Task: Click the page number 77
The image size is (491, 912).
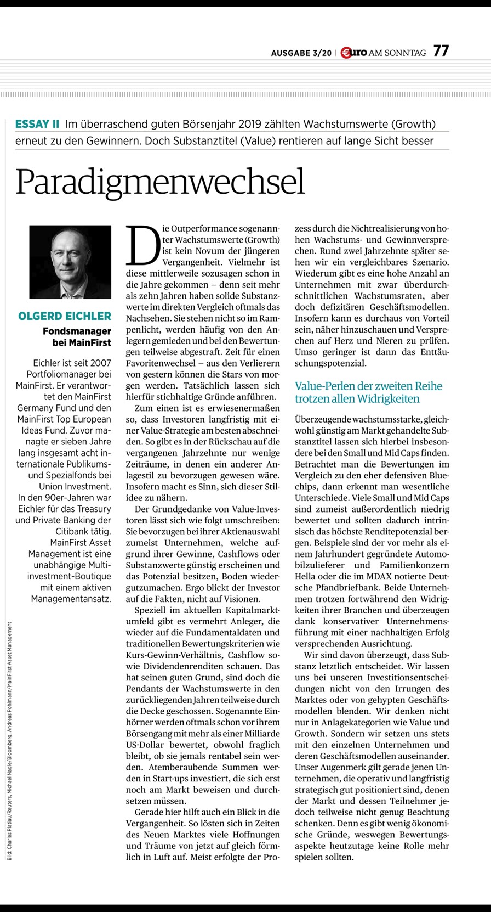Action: pos(441,51)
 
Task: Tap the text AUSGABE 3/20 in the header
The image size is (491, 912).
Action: pos(301,53)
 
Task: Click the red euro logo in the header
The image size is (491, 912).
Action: pos(353,53)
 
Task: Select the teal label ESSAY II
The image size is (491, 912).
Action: pos(37,124)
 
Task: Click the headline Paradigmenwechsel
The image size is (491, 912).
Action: pos(160,182)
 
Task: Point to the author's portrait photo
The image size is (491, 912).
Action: pos(70,262)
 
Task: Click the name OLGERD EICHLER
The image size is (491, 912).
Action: pos(65,316)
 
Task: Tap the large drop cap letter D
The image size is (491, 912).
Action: pos(142,244)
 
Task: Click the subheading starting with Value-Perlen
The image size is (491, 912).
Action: pos(368,392)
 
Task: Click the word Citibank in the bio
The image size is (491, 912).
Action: pos(74,531)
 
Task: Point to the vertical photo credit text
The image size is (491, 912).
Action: pos(10,741)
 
